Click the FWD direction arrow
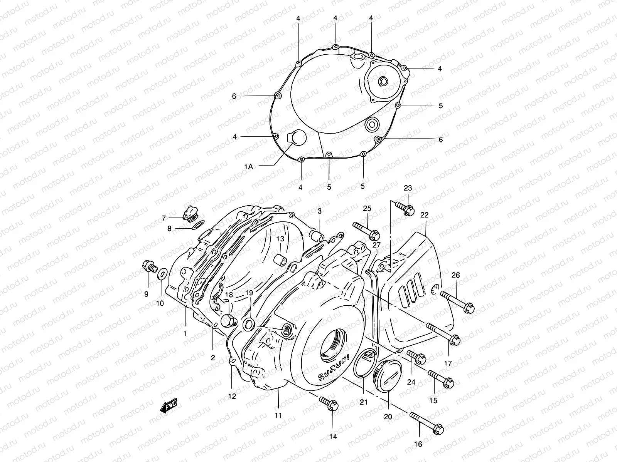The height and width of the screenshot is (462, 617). [169, 406]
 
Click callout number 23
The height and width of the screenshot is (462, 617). [408, 188]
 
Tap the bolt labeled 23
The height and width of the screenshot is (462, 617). [405, 209]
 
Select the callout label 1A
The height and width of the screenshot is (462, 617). [248, 166]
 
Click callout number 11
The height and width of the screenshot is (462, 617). [278, 415]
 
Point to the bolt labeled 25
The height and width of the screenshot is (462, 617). [366, 229]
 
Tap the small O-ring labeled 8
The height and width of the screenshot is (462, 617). [198, 225]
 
